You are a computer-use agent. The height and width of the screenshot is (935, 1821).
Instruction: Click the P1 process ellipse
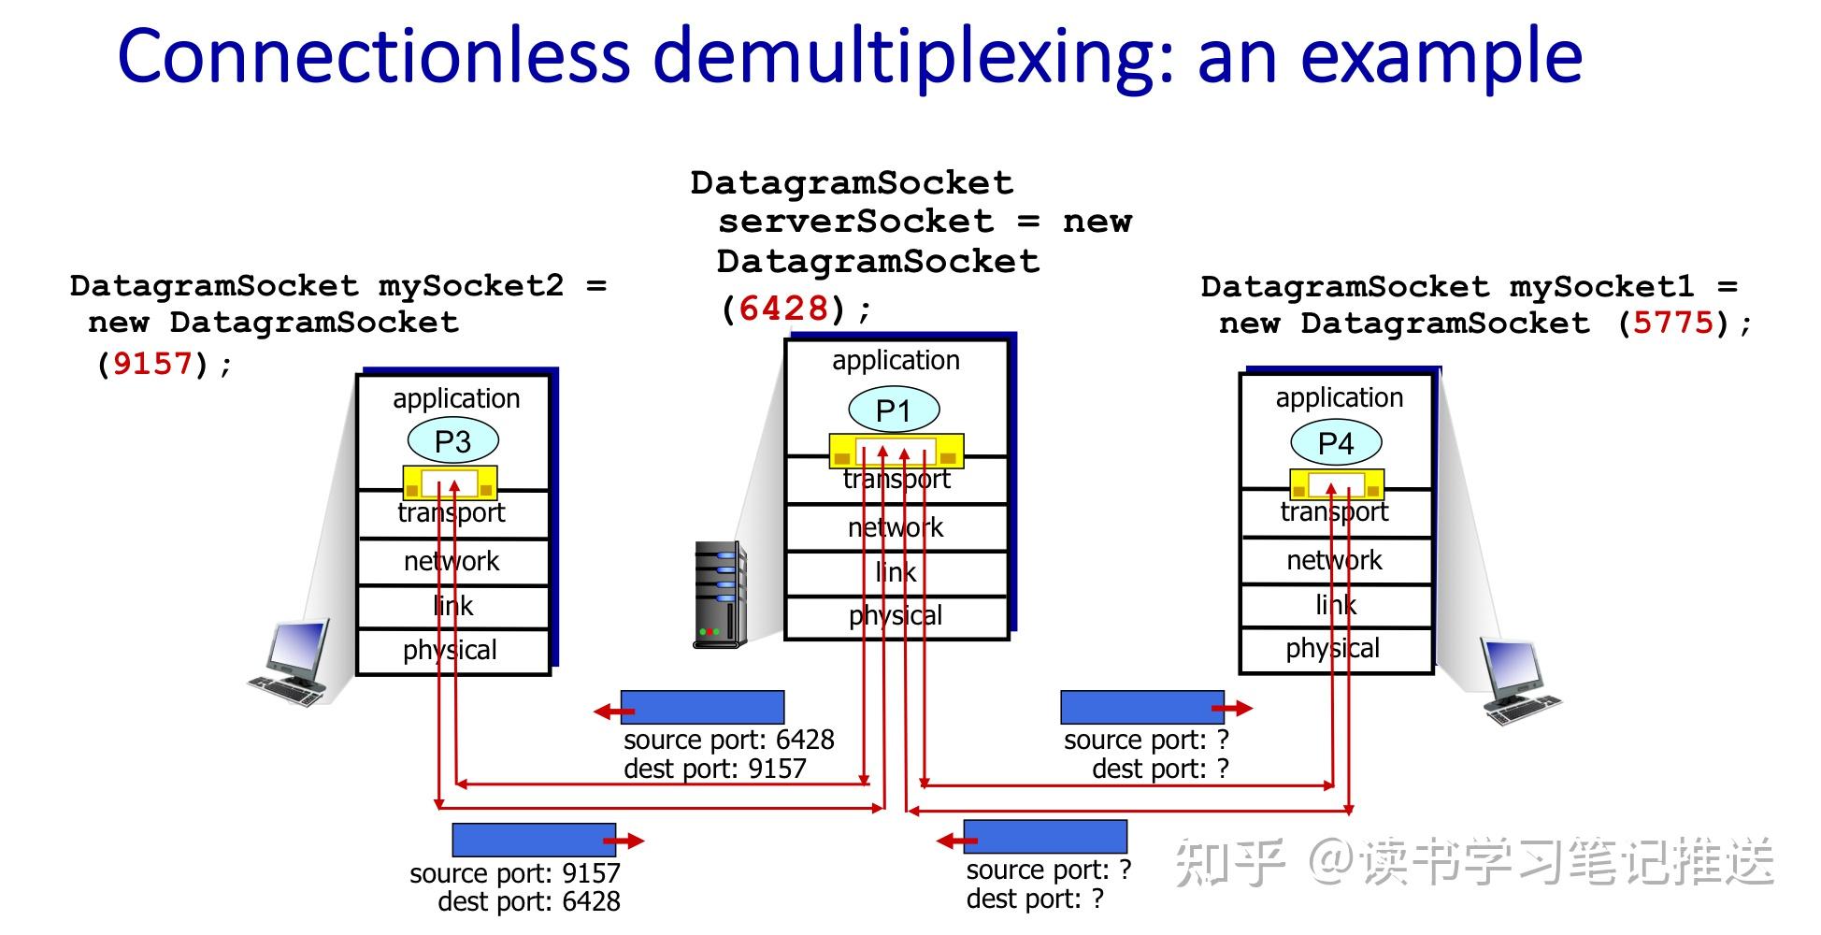coord(894,410)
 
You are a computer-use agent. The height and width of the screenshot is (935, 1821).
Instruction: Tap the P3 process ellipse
coord(453,441)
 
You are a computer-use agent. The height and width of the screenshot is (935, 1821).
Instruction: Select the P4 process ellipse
coord(1336,443)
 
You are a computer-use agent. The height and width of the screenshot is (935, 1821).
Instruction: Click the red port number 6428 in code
coord(783,309)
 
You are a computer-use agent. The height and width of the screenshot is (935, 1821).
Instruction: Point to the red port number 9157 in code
coord(152,364)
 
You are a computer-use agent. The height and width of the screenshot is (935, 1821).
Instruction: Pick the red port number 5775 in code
coord(1673,324)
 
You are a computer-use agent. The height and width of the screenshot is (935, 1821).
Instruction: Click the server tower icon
coord(719,595)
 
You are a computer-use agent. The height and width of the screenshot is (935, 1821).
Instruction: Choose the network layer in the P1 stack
coord(896,528)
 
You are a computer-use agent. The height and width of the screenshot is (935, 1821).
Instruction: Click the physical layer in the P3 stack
coord(451,651)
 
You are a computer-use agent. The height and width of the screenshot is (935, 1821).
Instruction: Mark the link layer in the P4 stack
coord(1336,606)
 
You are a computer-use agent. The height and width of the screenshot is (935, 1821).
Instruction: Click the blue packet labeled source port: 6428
coord(703,707)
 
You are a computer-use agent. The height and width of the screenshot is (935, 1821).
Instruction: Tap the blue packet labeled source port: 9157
coord(533,840)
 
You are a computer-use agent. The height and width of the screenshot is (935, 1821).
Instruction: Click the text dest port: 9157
coord(714,770)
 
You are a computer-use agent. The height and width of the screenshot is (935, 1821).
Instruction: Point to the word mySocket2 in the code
coord(470,286)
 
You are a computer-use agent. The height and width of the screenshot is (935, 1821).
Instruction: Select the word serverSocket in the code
coord(855,223)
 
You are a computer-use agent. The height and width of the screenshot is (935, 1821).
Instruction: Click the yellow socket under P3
coord(450,482)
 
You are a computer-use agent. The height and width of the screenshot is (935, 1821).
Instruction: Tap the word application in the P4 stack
coord(1339,398)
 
